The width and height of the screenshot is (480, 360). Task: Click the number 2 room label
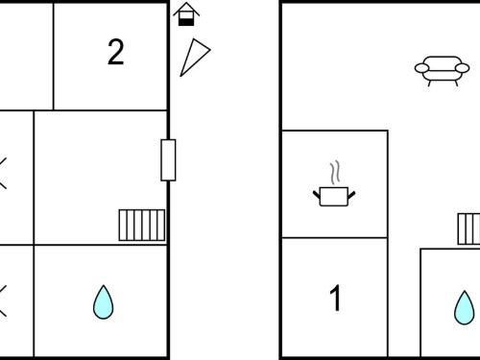click(x=115, y=52)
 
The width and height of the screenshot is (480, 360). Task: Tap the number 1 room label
click(x=335, y=298)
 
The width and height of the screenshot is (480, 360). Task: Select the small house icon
click(x=186, y=14)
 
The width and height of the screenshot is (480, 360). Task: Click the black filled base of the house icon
click(x=186, y=22)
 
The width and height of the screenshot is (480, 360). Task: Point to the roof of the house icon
click(x=186, y=8)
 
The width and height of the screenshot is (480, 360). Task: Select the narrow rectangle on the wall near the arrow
click(x=168, y=160)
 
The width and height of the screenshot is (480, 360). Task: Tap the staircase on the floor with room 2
click(x=142, y=225)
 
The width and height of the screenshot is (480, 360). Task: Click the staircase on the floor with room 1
click(x=468, y=229)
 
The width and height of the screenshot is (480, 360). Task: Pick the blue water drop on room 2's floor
click(x=103, y=302)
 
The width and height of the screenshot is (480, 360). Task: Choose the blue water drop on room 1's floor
click(x=465, y=308)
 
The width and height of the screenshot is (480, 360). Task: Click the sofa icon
click(x=442, y=70)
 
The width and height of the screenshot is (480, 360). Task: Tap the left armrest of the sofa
click(x=421, y=68)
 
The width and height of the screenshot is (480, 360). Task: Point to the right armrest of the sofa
click(x=463, y=68)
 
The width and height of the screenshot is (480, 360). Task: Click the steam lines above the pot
click(x=335, y=172)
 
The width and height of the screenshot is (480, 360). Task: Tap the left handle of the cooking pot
click(x=316, y=194)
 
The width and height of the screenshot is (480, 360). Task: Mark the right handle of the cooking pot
click(x=351, y=194)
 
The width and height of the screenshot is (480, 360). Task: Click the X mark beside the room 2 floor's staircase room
click(x=3, y=173)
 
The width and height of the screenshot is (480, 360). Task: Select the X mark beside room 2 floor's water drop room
click(x=3, y=301)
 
